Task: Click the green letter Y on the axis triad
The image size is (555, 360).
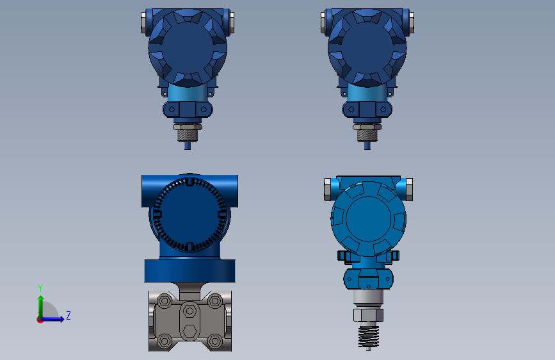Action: tap(40, 288)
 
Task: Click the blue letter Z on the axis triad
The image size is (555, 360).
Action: tap(68, 315)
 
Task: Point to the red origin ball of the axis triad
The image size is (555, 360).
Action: tap(40, 320)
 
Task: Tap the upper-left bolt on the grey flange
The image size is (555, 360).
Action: tap(165, 301)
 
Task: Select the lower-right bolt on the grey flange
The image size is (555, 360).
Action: tap(215, 341)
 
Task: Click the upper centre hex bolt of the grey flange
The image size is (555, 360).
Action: tap(189, 311)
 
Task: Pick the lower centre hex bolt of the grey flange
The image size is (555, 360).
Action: tap(189, 332)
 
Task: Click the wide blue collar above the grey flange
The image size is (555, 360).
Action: tap(189, 271)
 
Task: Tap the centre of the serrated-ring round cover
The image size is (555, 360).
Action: tap(189, 214)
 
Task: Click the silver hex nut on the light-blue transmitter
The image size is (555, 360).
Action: tap(368, 315)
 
